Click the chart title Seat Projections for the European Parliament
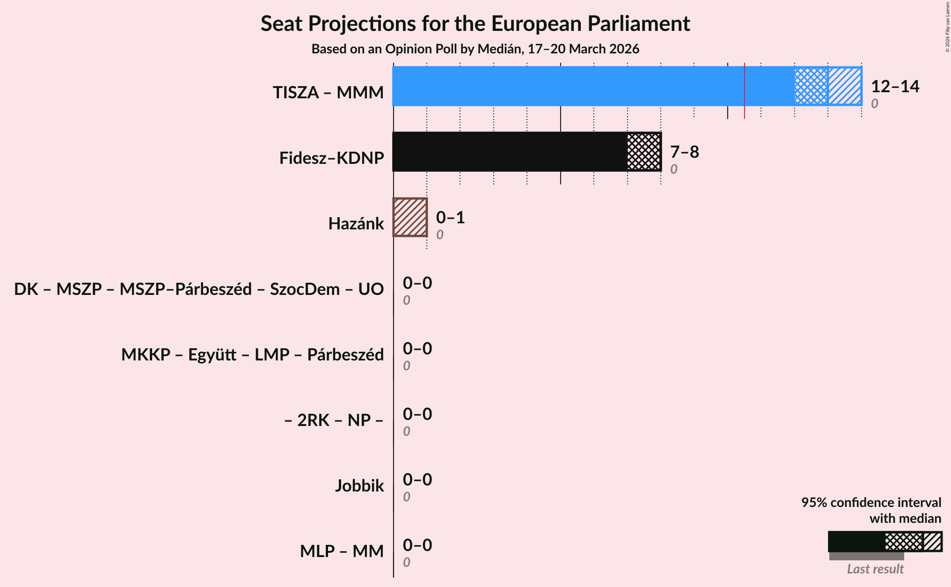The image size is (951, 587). pyautogui.click(x=475, y=24)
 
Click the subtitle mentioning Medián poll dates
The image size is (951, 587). pyautogui.click(x=475, y=49)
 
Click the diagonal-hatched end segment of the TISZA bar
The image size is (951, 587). pyautogui.click(x=845, y=86)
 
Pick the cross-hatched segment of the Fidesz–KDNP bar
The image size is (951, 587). pyautogui.click(x=644, y=152)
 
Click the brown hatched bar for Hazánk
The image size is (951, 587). pyautogui.click(x=410, y=217)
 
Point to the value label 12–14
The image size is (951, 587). pyautogui.click(x=895, y=87)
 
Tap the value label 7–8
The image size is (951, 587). pyautogui.click(x=684, y=152)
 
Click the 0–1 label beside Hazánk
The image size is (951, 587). pyautogui.click(x=450, y=218)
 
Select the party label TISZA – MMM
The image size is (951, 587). pyautogui.click(x=328, y=93)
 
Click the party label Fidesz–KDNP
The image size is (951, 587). pyautogui.click(x=331, y=158)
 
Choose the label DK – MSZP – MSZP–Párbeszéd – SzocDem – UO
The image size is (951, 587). pyautogui.click(x=199, y=289)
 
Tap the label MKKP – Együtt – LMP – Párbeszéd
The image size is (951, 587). pyautogui.click(x=252, y=355)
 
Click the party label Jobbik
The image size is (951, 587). pyautogui.click(x=359, y=486)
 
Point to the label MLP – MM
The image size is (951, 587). pyautogui.click(x=342, y=551)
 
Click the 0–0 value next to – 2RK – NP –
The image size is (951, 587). pyautogui.click(x=417, y=414)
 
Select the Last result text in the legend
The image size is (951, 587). pyautogui.click(x=875, y=569)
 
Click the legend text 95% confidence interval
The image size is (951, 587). pyautogui.click(x=871, y=503)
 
